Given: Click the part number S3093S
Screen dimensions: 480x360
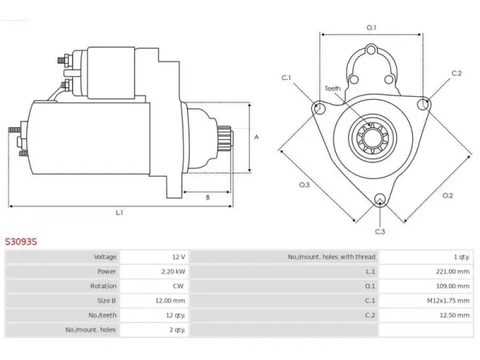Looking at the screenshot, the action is point(21,242).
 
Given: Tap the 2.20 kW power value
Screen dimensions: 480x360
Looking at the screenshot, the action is point(174,271).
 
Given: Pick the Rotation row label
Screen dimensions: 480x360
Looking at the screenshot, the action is point(103,286).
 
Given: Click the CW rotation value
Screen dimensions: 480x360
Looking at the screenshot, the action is point(178,286).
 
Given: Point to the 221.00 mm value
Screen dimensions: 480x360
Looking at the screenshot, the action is point(453,271).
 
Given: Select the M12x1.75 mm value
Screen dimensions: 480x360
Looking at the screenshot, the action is point(448,301).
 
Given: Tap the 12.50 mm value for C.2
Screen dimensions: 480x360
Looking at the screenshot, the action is point(454,315).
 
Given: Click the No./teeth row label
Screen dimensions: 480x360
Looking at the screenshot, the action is point(102,315).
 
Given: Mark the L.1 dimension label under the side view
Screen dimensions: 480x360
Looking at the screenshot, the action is point(119,213).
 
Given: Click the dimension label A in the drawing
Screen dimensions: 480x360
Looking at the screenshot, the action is point(257,137).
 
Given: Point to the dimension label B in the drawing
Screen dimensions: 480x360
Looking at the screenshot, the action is point(208,198).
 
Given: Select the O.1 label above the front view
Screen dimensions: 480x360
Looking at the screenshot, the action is point(371,27).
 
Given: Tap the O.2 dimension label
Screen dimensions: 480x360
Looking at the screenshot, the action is point(447,195).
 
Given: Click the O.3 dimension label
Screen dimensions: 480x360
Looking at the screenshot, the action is point(304,185).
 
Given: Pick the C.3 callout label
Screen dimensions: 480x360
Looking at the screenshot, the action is point(380,231).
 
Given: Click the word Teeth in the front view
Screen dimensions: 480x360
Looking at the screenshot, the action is point(333,89).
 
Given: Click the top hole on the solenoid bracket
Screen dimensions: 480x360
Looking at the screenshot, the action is point(371,50).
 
